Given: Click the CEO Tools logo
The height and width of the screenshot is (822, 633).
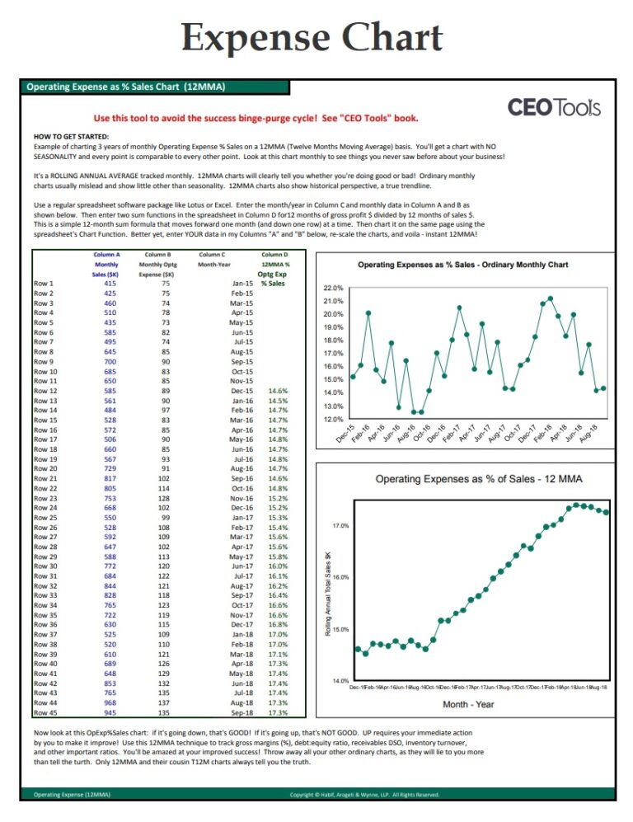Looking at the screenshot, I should pos(554,107).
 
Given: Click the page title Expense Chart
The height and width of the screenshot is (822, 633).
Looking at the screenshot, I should pos(312,37).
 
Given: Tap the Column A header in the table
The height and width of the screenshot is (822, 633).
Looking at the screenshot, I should pos(106,256).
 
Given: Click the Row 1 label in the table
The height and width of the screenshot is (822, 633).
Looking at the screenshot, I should pos(44,284).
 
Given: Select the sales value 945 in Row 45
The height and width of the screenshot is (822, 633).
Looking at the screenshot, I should pos(110,713).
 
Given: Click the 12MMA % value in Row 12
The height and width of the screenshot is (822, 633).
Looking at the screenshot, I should pos(278,391).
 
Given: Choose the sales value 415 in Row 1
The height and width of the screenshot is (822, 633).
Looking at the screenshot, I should pos(110,284).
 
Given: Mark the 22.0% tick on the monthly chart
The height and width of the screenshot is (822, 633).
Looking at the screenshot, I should pos(334,289).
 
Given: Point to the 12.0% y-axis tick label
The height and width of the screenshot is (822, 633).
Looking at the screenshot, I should pos(334,419).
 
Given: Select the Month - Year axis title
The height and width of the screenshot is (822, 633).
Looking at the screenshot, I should pos(468,704).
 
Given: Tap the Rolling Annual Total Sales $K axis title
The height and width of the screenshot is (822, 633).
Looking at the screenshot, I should pos(328,593).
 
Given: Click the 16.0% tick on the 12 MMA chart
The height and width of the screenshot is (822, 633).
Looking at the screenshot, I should pos(340,577).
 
